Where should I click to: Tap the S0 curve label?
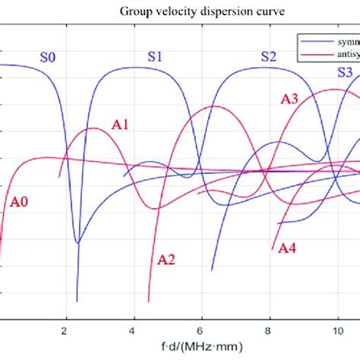tap(49, 56)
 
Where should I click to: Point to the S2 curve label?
tap(270, 56)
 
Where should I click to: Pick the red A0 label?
tap(20, 202)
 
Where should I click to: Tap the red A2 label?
tap(166, 260)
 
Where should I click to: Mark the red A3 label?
tap(289, 98)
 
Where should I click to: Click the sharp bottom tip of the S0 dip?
tap(77, 302)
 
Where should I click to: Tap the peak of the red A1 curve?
tap(93, 128)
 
